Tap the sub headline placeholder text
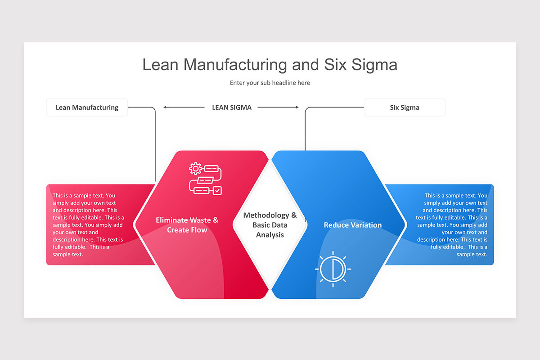270,83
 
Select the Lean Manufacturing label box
87,108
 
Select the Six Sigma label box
404,108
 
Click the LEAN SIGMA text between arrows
232,108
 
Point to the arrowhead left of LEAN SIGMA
166,108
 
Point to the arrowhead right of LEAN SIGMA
297,108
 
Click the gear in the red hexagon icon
195,169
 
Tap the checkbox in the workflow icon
217,191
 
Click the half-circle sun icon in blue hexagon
333,269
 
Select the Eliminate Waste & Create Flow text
187,225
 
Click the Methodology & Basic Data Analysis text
270,225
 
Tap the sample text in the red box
88,225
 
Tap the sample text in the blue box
452,225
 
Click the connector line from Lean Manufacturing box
155,144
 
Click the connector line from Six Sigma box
305,130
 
